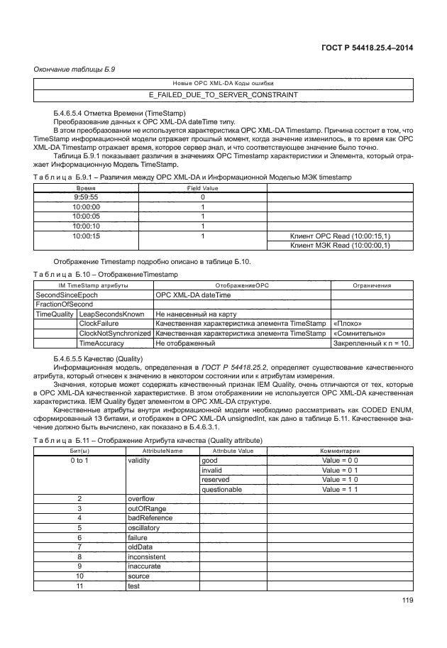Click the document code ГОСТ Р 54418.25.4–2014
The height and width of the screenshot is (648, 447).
363,48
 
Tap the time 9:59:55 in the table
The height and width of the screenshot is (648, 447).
86,197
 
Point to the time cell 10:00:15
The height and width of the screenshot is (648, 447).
86,236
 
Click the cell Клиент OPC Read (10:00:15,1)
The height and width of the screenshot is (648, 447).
341,236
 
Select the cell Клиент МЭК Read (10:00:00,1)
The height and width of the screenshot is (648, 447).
341,246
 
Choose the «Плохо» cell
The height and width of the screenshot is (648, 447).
349,324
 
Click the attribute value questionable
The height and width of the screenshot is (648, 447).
222,490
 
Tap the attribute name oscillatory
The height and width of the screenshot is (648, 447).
143,528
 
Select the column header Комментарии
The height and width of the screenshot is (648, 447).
339,451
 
